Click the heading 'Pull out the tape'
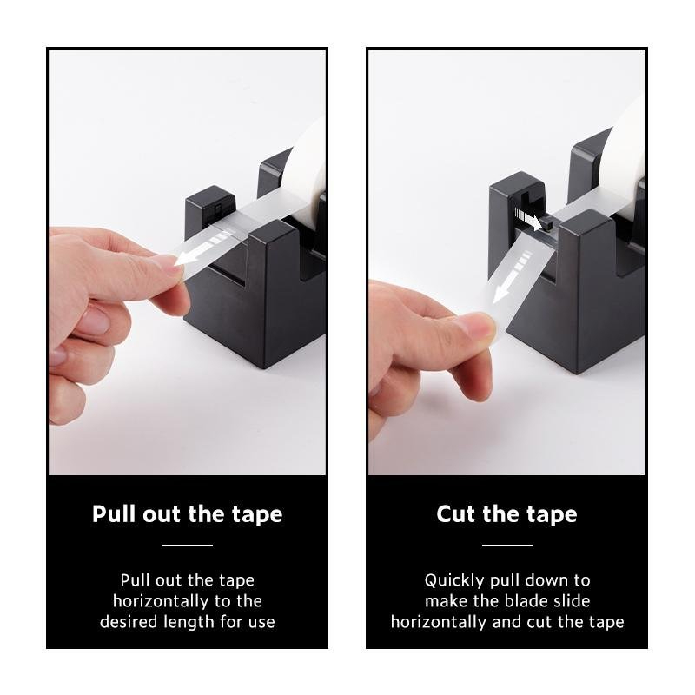click(x=187, y=514)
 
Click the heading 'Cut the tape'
click(x=506, y=514)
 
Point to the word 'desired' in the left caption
click(x=129, y=622)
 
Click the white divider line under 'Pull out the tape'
click(x=188, y=546)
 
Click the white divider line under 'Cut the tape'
click(x=507, y=546)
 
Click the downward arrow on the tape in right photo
click(x=513, y=277)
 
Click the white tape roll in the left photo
click(x=306, y=169)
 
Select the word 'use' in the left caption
click(x=261, y=623)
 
